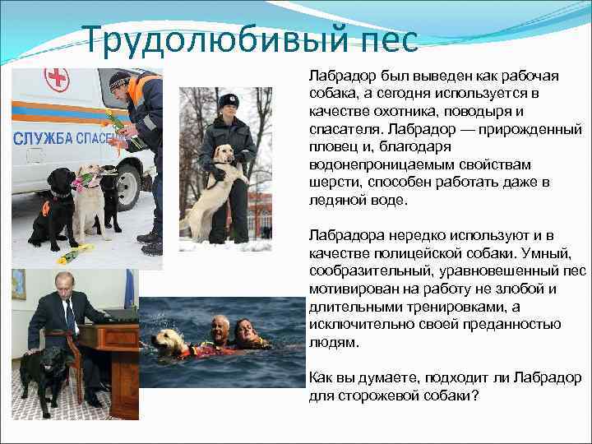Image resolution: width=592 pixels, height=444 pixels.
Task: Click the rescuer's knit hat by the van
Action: point(120,80)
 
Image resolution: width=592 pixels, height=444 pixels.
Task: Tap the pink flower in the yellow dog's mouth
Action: point(82,176)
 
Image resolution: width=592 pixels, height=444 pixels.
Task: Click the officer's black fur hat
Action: point(228,100)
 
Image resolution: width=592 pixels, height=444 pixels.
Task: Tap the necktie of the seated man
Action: point(71,316)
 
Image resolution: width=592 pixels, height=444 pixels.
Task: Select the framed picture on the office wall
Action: point(18,284)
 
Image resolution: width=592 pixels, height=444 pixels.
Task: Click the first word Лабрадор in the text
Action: point(339,76)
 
